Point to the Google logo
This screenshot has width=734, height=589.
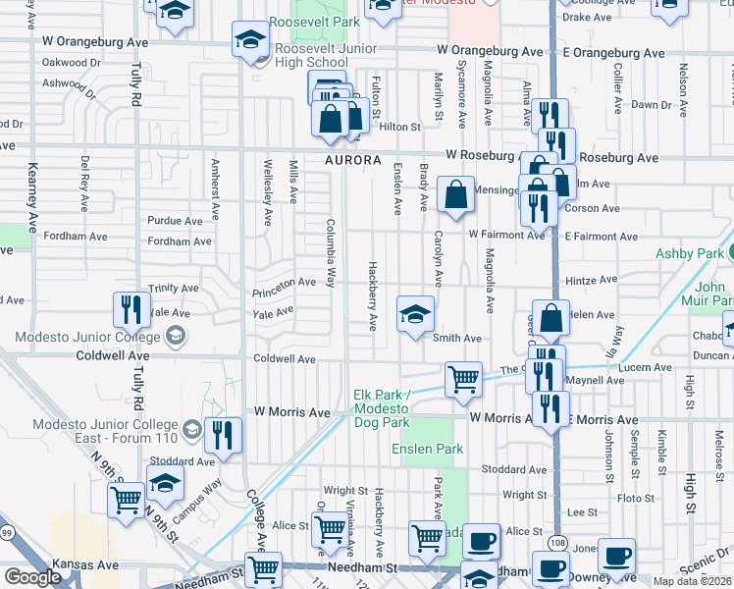click(32, 577)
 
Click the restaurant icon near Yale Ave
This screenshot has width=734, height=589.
click(131, 309)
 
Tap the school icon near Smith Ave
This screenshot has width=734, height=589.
click(415, 314)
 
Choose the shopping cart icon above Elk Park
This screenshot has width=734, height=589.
click(463, 378)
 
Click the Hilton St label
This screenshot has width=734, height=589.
click(399, 127)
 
